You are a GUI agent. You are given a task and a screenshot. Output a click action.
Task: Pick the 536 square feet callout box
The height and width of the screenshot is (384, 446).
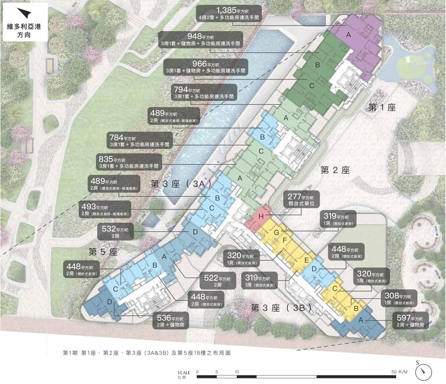point(170,321)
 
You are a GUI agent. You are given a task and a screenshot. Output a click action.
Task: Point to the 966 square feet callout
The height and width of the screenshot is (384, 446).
point(206,67)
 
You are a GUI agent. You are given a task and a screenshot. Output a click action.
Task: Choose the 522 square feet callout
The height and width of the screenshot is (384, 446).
point(218,281)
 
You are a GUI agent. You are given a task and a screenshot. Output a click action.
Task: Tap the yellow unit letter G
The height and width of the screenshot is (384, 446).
point(276,232)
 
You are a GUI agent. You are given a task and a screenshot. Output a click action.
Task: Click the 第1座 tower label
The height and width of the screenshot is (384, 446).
point(382,108)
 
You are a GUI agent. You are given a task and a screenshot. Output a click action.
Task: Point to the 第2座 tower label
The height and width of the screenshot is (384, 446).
point(335,170)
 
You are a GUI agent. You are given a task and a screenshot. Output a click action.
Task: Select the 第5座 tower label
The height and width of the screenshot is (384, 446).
point(103,252)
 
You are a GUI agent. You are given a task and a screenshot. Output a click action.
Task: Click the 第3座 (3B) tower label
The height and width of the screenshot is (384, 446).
point(281,308)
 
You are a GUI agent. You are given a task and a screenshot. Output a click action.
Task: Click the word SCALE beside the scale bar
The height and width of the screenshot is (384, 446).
point(184,372)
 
